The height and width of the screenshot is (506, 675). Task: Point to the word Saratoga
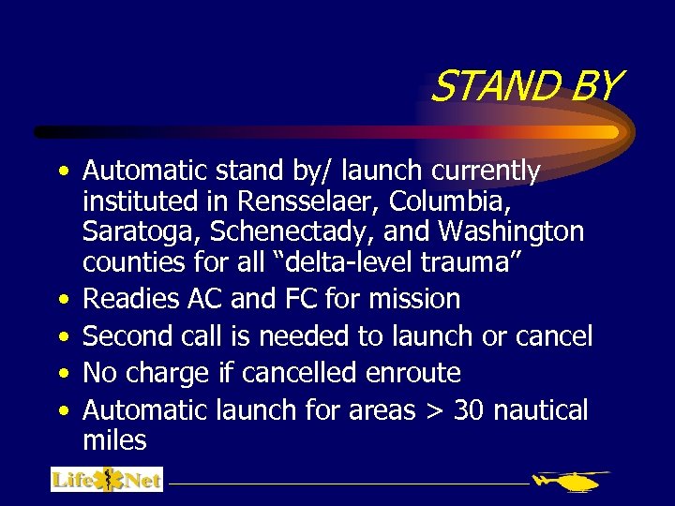143,231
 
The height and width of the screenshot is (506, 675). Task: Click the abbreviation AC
204,299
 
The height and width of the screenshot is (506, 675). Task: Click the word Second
128,335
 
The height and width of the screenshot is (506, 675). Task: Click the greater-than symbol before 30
434,411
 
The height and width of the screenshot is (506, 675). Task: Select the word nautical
541,409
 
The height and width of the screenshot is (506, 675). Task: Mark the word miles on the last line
114,439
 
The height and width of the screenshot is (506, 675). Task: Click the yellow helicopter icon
569,482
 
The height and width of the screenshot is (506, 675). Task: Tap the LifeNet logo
107,480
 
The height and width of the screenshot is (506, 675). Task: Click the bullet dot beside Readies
62,300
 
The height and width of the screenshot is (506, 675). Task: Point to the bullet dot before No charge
62,374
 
